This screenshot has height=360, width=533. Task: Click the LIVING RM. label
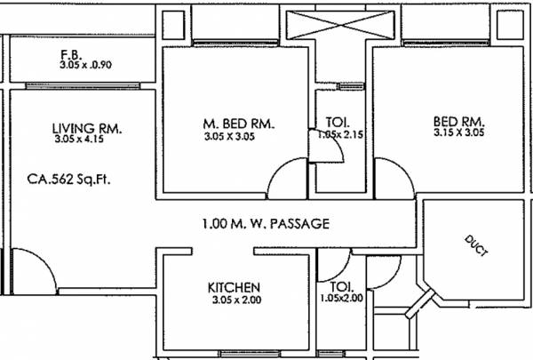pos(87,129)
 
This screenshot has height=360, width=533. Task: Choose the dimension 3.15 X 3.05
pos(457,132)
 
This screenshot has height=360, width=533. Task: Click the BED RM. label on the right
pos(457,121)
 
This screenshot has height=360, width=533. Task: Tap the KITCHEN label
pos(234,287)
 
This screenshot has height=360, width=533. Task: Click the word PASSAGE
pos(298,224)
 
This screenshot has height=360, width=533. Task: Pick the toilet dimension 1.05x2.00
pos(342,299)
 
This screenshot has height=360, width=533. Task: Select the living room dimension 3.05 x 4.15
pos(87,140)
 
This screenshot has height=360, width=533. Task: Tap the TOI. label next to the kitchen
pos(341,287)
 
